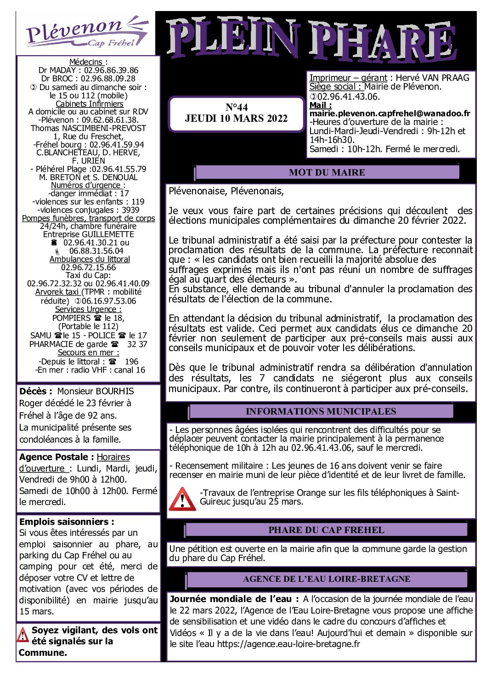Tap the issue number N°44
(237, 107)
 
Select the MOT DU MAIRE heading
(327, 172)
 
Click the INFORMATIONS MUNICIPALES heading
(321, 411)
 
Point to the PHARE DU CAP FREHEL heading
(326, 530)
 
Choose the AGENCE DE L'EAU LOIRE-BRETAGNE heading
(327, 579)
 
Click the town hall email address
(390, 114)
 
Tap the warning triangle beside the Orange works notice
(182, 499)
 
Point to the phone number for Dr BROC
(108, 79)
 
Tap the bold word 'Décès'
(33, 392)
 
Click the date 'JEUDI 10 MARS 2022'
(237, 119)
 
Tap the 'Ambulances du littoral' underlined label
(90, 259)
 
